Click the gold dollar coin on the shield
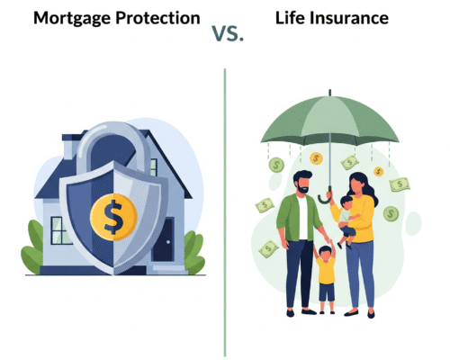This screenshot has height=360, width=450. pyautogui.click(x=114, y=217)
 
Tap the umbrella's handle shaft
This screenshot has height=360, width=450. pyautogui.click(x=328, y=166)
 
